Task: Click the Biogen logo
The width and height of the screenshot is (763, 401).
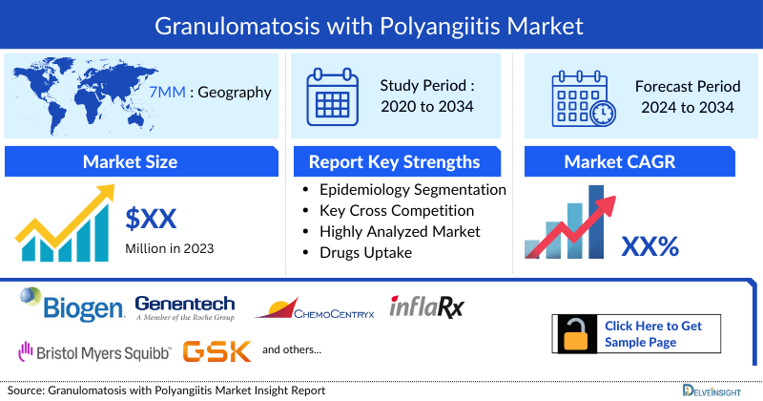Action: pyautogui.click(x=72, y=306)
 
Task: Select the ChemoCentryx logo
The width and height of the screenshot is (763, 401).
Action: pyautogui.click(x=316, y=307)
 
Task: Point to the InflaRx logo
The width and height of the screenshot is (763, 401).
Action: pyautogui.click(x=426, y=306)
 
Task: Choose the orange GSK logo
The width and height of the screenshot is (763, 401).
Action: pyautogui.click(x=217, y=350)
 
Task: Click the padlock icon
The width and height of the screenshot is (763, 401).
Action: pyautogui.click(x=575, y=334)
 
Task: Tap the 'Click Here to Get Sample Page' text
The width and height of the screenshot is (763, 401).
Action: pyautogui.click(x=653, y=334)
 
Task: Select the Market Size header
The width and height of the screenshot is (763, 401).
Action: pyautogui.click(x=131, y=161)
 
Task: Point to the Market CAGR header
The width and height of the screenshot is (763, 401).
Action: pyautogui.click(x=632, y=161)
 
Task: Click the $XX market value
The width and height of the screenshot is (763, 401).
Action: pyautogui.click(x=152, y=219)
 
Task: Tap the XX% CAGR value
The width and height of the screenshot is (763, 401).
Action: pyautogui.click(x=650, y=247)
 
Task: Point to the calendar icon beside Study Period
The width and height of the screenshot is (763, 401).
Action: pyautogui.click(x=333, y=95)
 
